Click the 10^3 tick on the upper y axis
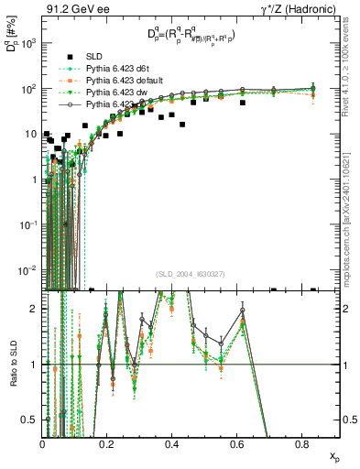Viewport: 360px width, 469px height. click(29, 44)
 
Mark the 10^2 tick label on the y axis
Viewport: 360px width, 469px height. click(29, 89)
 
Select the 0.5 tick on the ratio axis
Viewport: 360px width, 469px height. click(31, 420)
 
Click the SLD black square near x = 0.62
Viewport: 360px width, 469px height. click(243, 103)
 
